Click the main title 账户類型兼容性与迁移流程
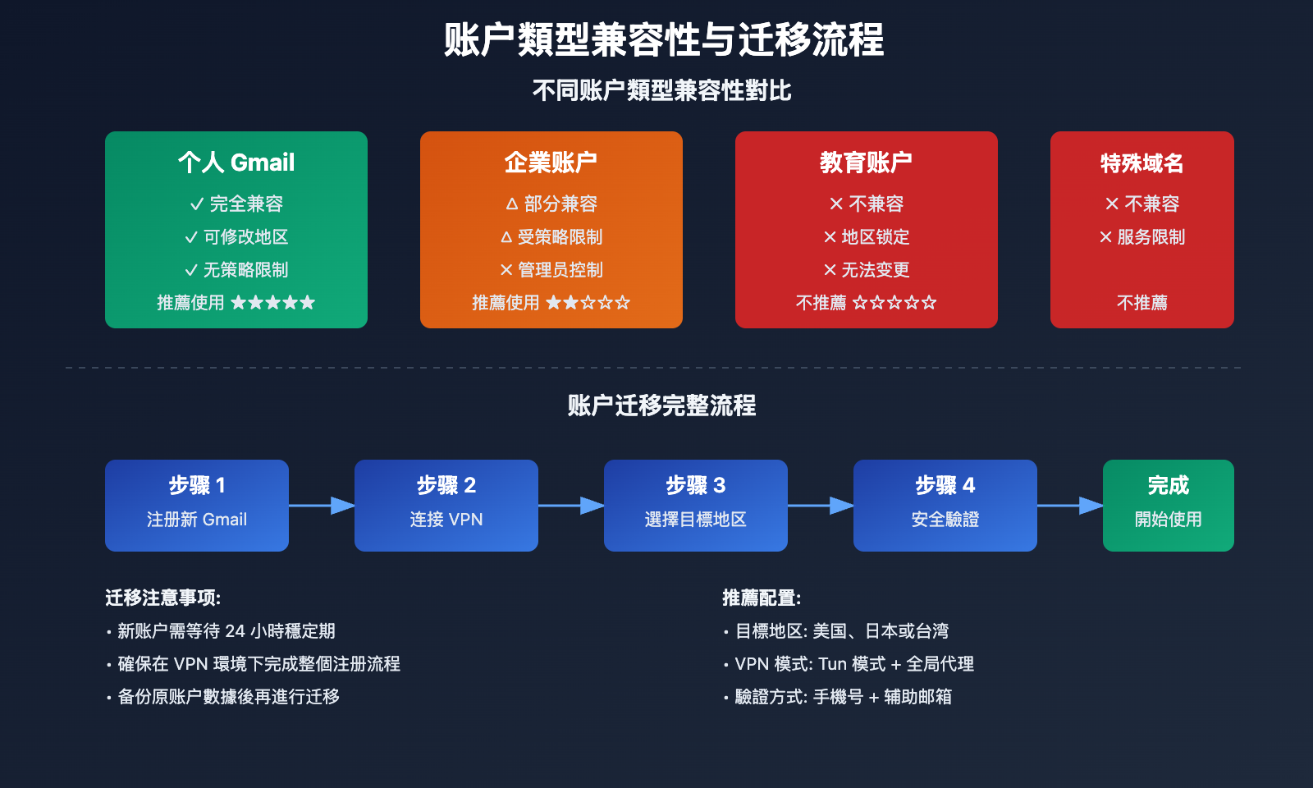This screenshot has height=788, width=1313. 663,39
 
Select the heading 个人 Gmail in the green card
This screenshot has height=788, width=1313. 236,163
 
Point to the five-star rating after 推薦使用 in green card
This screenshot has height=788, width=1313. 272,303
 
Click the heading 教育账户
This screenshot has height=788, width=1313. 866,163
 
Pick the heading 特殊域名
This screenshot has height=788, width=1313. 1141,163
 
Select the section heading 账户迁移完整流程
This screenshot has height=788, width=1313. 661,405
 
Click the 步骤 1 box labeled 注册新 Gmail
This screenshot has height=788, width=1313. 197,505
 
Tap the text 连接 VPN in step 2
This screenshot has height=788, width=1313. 446,520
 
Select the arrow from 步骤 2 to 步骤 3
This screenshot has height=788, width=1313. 572,506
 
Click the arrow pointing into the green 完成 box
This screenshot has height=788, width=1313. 1070,506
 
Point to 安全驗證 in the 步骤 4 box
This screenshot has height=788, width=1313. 945,520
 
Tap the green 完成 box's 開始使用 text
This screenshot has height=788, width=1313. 1169,520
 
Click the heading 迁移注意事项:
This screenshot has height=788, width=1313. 162,598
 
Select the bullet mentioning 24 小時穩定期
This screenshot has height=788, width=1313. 226,631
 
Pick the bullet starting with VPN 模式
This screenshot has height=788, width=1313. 853,664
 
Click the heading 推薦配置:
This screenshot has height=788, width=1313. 762,598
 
